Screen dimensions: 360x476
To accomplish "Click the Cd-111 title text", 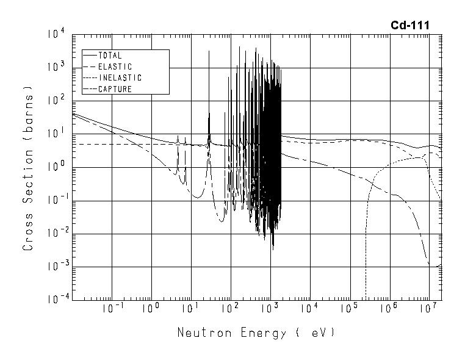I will click(x=409, y=25).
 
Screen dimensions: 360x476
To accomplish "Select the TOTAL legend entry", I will click(x=110, y=56).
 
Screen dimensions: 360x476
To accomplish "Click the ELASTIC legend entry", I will click(x=115, y=67).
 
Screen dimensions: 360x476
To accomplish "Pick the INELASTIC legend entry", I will click(x=120, y=78).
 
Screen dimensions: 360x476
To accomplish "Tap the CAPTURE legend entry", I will click(x=115, y=89).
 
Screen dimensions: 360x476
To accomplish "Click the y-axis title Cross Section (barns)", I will click(x=28, y=167).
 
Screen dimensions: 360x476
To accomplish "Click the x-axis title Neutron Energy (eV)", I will click(x=256, y=333).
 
